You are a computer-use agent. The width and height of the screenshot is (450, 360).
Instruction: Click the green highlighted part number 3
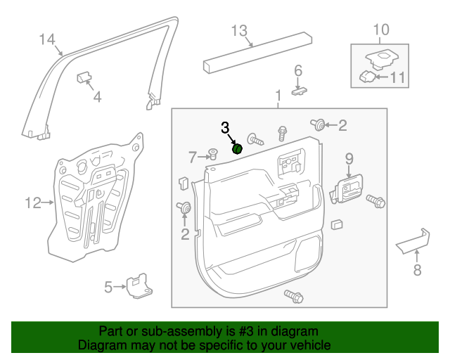[238, 148]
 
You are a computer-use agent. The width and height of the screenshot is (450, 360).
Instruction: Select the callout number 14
[46, 39]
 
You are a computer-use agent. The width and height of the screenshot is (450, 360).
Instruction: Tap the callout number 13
[239, 30]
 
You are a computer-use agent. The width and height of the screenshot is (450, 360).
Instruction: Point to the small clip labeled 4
[83, 75]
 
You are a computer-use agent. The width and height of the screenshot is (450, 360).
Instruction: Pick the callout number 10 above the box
[380, 30]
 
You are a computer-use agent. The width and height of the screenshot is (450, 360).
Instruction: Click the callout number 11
[398, 77]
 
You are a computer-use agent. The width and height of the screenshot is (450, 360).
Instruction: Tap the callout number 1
[278, 94]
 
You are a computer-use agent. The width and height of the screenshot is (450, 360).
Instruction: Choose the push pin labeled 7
[212, 155]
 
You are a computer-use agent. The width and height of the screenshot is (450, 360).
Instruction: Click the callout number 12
[33, 203]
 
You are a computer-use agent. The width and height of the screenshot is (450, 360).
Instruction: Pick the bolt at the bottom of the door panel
[292, 296]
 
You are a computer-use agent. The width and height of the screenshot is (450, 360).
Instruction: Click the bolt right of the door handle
[376, 201]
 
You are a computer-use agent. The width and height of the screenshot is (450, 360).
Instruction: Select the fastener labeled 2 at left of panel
[186, 207]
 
